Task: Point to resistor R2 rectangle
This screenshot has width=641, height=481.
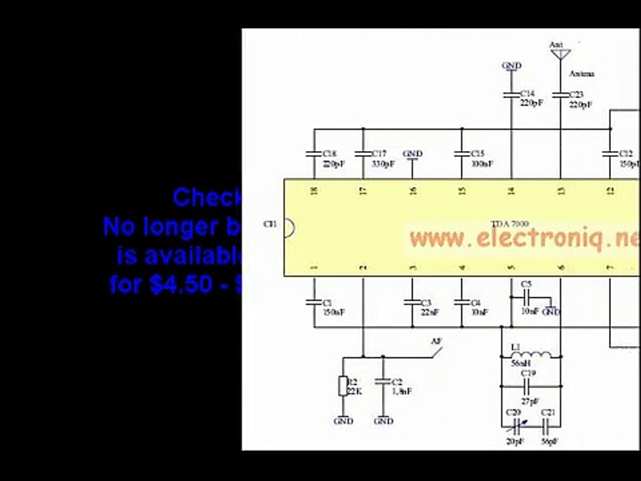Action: point(343,386)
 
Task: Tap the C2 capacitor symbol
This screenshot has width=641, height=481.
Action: point(383,381)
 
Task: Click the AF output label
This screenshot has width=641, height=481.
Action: point(437,341)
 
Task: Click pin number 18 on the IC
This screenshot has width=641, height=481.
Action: point(314,191)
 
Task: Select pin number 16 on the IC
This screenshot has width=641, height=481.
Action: point(413,191)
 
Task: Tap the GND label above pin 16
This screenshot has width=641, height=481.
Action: point(413,154)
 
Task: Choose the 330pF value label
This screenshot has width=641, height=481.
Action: point(383,163)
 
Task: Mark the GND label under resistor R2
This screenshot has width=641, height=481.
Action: point(343,421)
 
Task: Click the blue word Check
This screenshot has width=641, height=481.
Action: point(207,197)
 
